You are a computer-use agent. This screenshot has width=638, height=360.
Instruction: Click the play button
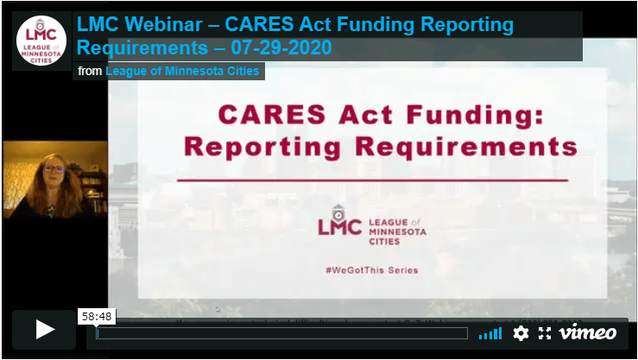(x=46, y=329)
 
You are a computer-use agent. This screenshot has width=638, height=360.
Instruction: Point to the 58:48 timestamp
(x=96, y=317)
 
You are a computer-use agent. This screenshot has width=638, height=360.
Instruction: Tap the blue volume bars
(x=490, y=333)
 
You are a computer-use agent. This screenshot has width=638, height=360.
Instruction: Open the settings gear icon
(x=521, y=332)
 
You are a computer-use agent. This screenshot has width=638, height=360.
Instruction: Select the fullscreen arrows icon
(x=545, y=332)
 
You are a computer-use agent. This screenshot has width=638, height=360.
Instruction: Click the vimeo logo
(x=588, y=332)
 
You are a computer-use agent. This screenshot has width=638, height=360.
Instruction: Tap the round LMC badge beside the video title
(x=41, y=41)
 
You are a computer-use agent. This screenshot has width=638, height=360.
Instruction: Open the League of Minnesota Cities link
(x=182, y=71)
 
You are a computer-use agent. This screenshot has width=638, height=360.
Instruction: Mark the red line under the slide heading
(x=372, y=180)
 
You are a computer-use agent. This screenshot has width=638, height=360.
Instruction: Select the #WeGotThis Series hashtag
(x=372, y=270)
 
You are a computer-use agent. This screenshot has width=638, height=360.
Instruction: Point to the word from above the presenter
(x=90, y=71)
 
